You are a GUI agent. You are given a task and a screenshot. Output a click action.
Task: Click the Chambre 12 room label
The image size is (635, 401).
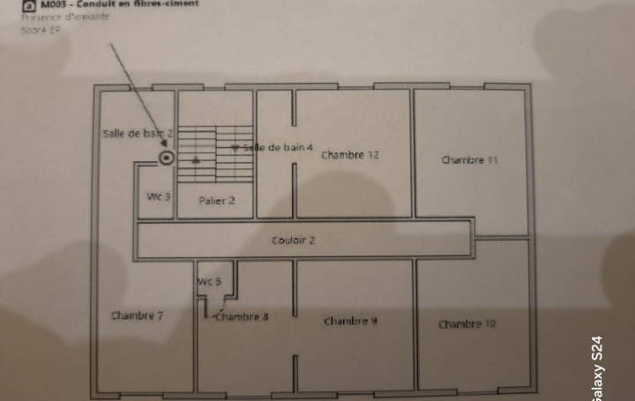(350, 155)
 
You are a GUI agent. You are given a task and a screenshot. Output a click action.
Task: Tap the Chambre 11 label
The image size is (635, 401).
(469, 160)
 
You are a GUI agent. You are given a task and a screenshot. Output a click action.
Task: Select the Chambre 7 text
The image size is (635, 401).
(137, 316)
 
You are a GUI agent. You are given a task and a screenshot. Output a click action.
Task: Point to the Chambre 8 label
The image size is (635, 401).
(242, 316)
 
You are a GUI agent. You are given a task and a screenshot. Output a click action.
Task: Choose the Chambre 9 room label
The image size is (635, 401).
(350, 321)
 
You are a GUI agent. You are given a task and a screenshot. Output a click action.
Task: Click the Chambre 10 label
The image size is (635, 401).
(467, 324)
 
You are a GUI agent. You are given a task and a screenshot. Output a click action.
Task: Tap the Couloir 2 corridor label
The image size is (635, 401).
(294, 240)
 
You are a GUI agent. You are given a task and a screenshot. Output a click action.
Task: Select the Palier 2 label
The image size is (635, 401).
(216, 201)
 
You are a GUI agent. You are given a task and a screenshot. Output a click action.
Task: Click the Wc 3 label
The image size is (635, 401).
(159, 197)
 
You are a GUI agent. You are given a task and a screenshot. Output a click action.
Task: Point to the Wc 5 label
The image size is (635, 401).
(209, 281)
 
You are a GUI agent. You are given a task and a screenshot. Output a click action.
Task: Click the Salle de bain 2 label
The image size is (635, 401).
(138, 133)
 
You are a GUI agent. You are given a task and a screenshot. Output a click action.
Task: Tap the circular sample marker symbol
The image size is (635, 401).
(166, 158)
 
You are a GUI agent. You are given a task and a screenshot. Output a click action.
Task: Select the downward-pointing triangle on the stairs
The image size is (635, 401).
(235, 148)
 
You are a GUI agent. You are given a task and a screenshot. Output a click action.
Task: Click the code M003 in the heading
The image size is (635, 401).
(54, 4)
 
